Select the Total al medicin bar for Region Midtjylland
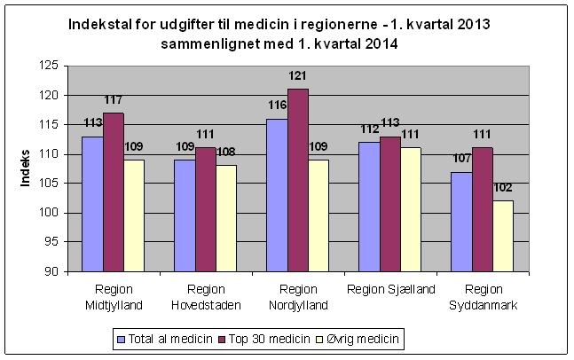point(93,204)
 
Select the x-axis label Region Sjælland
point(391,289)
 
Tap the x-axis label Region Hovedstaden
point(206,297)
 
